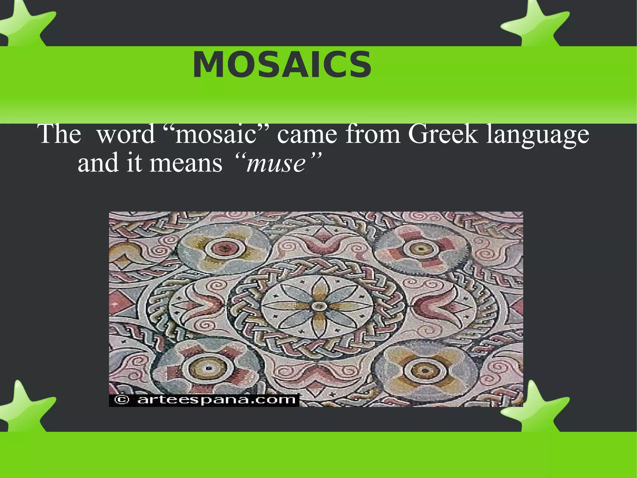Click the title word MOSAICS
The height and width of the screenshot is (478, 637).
coord(282,65)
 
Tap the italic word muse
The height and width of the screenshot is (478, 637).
coord(276,163)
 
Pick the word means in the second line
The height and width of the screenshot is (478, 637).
coord(186,163)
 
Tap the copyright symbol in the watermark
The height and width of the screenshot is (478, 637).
coord(122,400)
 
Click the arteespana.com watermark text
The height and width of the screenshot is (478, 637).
coord(216,400)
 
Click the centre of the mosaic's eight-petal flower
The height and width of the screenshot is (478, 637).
coord(318,306)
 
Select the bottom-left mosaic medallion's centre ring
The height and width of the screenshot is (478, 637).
coord(208,368)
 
